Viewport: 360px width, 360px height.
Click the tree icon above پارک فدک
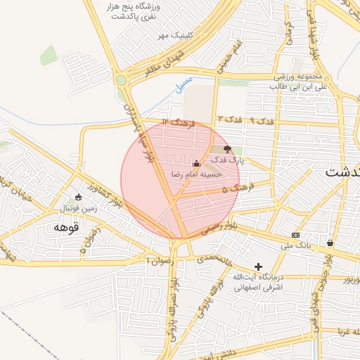226,150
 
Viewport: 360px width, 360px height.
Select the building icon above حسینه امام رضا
196,163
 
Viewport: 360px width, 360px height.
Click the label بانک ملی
295,245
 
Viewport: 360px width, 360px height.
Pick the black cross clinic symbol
258,267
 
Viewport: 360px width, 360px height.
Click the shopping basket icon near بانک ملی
330,243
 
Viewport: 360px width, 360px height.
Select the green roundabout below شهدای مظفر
122,80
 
